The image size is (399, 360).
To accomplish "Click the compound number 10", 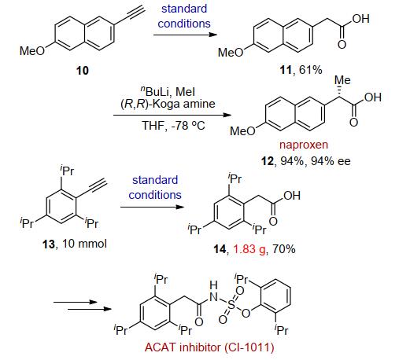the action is click(83, 71).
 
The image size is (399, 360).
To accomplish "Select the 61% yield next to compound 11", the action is click(311, 70).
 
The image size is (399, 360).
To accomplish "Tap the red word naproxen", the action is click(304, 145).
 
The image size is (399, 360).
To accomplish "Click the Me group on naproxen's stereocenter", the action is click(342, 80).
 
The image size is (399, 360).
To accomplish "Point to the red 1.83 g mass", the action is click(249, 248).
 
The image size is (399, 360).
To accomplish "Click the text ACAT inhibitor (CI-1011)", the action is click(209, 347).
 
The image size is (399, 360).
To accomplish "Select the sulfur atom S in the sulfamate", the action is click(231, 304).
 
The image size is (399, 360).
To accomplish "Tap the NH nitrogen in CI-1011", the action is click(213, 297).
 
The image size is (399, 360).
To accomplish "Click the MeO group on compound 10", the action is click(32, 51).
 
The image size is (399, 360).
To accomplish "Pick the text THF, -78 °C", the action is click(173, 126).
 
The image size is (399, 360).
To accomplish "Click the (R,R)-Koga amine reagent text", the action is click(168, 104).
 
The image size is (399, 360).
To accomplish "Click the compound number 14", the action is click(220, 249).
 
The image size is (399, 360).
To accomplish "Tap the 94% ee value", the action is click(331, 161).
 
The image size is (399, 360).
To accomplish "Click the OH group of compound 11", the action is click(360, 19).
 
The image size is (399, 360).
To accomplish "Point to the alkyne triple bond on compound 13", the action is click(98, 184).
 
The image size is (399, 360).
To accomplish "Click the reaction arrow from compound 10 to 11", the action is click(185, 35).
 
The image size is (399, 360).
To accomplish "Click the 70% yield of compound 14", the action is click(284, 248).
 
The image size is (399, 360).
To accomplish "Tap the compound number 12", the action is click(268, 161).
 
